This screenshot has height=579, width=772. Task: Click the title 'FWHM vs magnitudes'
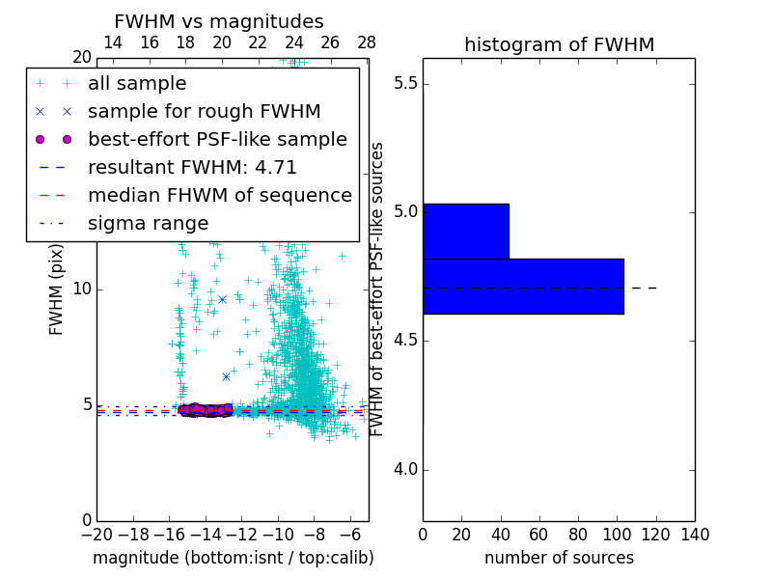coord(219,22)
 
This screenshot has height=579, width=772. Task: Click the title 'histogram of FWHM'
coord(559,45)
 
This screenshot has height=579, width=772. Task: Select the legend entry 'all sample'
coord(137,84)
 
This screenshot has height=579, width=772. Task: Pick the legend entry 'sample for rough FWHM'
coord(204,112)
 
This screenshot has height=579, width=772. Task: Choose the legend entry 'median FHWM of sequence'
coord(219,196)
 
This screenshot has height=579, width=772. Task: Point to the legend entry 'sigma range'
coord(148,224)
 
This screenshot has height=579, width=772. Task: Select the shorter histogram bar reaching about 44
coord(465,232)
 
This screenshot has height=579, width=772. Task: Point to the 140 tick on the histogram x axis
coord(695,535)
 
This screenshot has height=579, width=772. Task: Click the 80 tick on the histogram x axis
coord(578,535)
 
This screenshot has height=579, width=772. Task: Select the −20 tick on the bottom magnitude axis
coord(96,535)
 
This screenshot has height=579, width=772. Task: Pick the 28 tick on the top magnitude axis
coord(367,42)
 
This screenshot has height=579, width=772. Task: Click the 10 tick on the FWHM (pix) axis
coord(82,289)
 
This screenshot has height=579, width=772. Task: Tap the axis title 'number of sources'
coord(559,558)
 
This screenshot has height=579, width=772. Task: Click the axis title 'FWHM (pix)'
coord(57,289)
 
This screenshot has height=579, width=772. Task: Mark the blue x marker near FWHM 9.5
coord(222,299)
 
